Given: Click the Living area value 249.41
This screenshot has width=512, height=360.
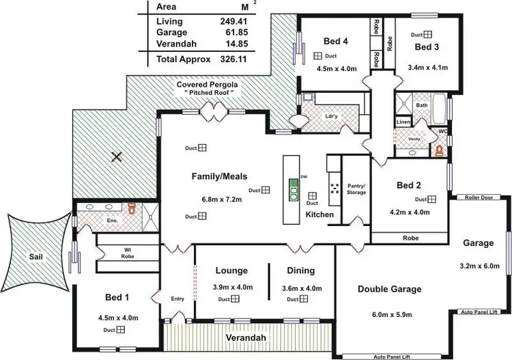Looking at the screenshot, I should [229, 21].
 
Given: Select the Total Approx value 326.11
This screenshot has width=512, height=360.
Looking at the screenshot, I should [229, 59].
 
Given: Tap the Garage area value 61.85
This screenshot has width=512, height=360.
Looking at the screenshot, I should [229, 33].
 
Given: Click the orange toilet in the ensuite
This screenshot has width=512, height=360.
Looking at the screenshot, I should [132, 208].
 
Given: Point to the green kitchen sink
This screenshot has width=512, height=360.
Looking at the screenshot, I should [293, 189].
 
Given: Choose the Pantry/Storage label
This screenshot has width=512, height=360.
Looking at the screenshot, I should [356, 189].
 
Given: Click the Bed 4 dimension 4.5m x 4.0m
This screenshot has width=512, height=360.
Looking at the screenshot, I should [337, 68].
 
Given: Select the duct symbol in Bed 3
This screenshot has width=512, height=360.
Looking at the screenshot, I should [427, 34].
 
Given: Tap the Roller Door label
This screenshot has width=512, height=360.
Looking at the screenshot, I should [478, 197].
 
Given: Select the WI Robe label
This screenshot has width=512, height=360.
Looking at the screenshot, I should [127, 252].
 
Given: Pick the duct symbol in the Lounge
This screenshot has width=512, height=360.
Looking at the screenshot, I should [234, 299].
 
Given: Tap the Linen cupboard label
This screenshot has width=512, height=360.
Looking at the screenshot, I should [404, 122].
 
